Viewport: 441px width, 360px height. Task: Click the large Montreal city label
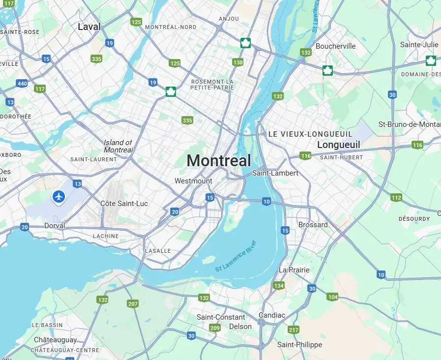(x=219, y=160)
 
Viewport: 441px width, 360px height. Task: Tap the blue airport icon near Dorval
(x=59, y=197)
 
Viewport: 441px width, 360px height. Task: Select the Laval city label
(x=89, y=27)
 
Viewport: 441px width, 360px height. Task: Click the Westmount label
(x=193, y=181)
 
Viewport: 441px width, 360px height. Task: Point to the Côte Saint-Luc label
(x=124, y=204)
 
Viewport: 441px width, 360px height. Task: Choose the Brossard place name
(x=313, y=225)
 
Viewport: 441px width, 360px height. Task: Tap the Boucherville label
(x=335, y=46)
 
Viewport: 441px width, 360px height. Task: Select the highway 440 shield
(x=22, y=84)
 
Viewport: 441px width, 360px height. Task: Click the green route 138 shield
(x=238, y=62)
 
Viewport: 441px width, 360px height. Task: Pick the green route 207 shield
(x=133, y=304)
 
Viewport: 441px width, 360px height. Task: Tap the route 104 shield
(x=333, y=297)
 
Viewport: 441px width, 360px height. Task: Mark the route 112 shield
(x=396, y=198)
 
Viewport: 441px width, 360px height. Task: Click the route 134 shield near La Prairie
(x=279, y=286)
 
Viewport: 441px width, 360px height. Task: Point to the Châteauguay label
(x=55, y=340)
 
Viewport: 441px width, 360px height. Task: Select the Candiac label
(x=272, y=315)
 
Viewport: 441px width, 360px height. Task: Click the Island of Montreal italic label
(x=118, y=146)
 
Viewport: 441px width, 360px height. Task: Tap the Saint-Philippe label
(x=299, y=345)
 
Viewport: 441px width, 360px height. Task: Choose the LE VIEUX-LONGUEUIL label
(x=310, y=134)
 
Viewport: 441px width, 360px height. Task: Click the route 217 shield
(x=294, y=330)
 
